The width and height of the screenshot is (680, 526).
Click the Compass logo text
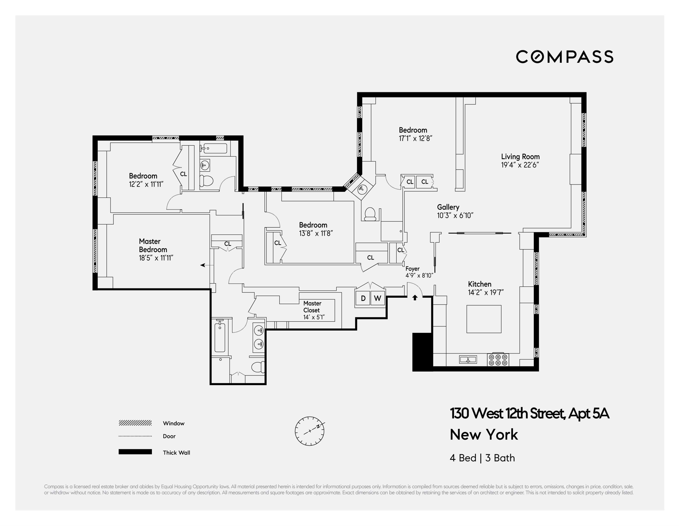564,57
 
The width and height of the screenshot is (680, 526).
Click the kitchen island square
483,319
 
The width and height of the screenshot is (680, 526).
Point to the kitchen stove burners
498,360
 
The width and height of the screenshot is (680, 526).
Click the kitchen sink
468,360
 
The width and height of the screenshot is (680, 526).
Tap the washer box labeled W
377,298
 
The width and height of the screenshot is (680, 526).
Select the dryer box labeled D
363,298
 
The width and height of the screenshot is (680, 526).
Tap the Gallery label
448,207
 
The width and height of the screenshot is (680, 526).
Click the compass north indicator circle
310,431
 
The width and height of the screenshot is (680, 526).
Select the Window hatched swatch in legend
135,423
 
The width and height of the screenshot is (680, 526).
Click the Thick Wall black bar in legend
135,452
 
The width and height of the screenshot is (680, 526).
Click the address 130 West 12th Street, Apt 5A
529,414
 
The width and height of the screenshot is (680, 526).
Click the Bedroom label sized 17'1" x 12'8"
413,130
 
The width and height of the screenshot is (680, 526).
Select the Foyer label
412,269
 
